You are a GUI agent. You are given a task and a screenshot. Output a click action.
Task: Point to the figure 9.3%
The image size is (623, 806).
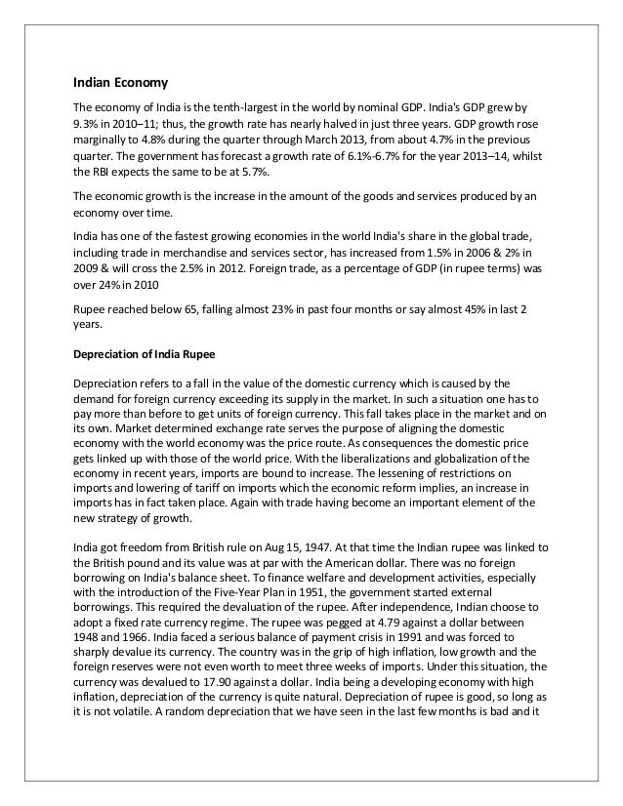89,123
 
